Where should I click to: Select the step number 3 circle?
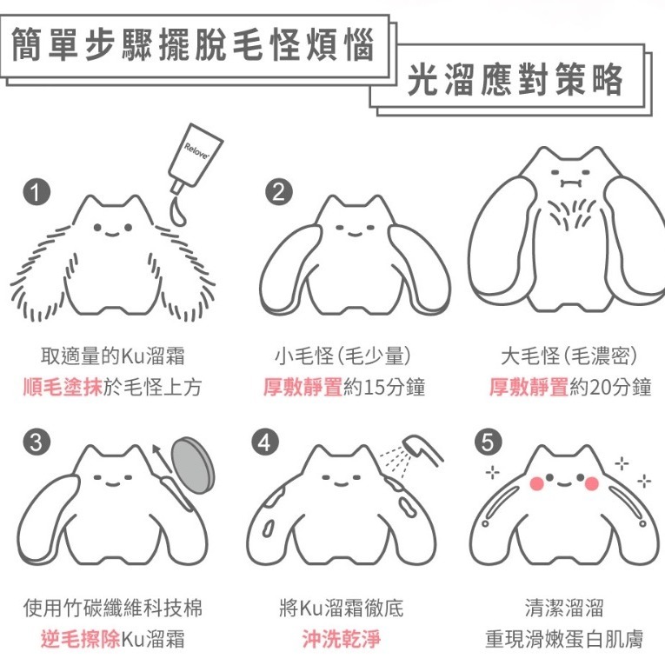(35, 442)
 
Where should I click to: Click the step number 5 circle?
(490, 442)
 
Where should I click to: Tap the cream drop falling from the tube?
(176, 210)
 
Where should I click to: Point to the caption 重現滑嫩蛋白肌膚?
(564, 641)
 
